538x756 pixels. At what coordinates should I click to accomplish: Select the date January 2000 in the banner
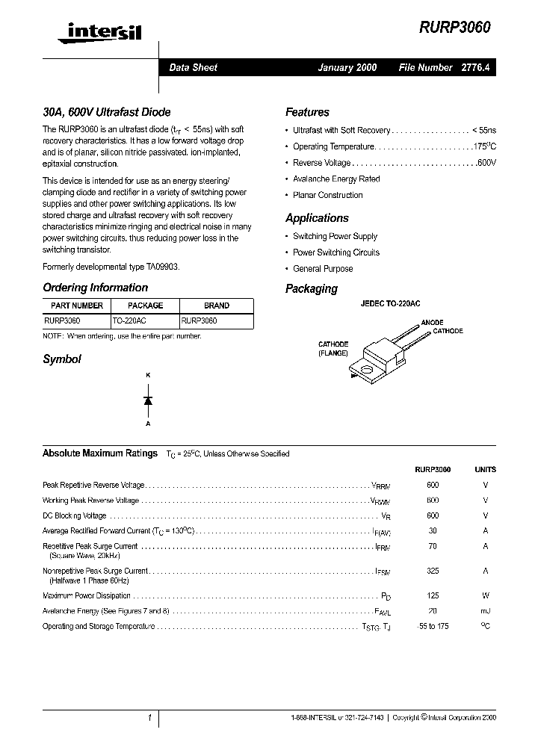tap(347, 67)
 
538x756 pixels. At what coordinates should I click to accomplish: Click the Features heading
tap(307, 112)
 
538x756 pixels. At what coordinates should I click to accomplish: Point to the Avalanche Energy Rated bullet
tap(336, 179)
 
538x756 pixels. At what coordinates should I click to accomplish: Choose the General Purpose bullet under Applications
tap(323, 269)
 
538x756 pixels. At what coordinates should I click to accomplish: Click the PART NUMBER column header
tap(77, 306)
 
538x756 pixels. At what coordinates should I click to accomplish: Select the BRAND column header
tap(217, 306)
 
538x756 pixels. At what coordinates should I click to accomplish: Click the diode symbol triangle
tap(148, 400)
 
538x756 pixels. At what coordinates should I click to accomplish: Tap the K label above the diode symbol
tap(148, 374)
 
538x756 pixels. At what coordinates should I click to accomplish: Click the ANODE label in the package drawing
tap(432, 323)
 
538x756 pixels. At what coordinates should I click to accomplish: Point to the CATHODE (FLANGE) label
tap(333, 349)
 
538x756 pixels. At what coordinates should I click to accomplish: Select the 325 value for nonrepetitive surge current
tap(433, 571)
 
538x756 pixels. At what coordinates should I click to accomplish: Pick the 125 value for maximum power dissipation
tap(433, 596)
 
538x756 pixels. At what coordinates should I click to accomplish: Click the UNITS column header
tap(485, 470)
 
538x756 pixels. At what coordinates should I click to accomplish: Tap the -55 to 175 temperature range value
tap(433, 626)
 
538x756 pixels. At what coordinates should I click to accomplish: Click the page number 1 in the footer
tap(149, 718)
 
